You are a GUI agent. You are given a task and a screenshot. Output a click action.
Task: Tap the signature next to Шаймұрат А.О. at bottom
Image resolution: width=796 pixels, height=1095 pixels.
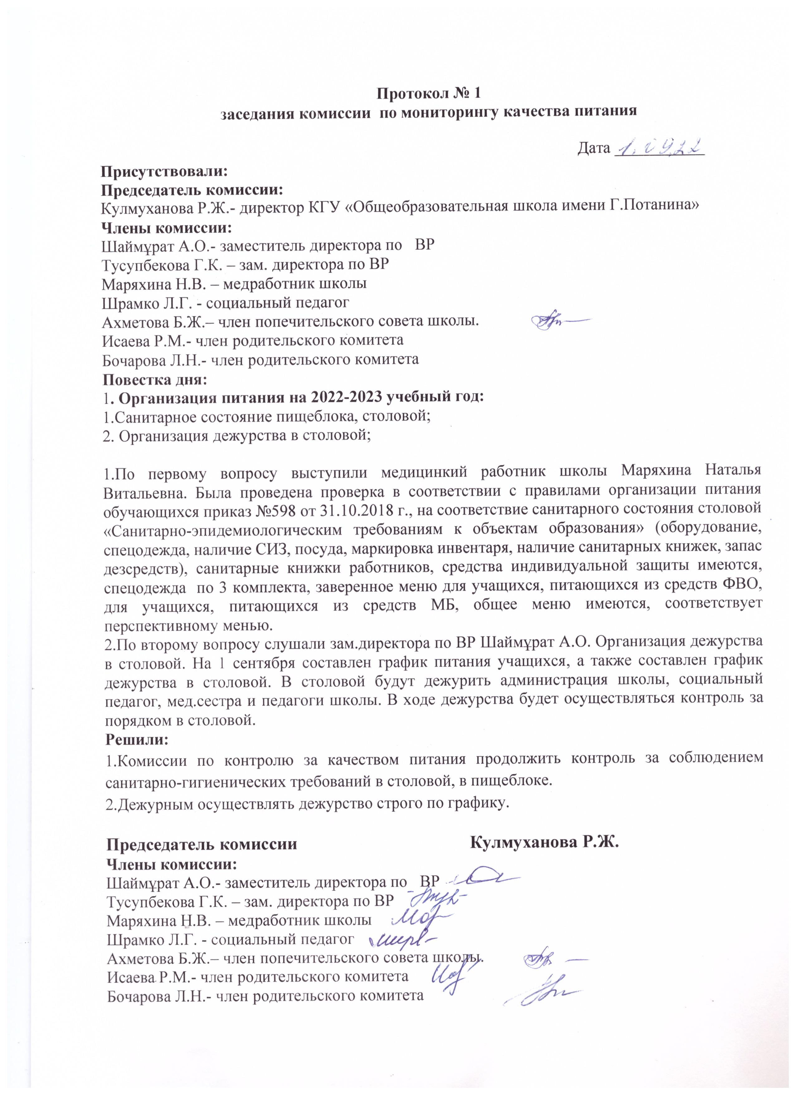click(478, 876)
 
